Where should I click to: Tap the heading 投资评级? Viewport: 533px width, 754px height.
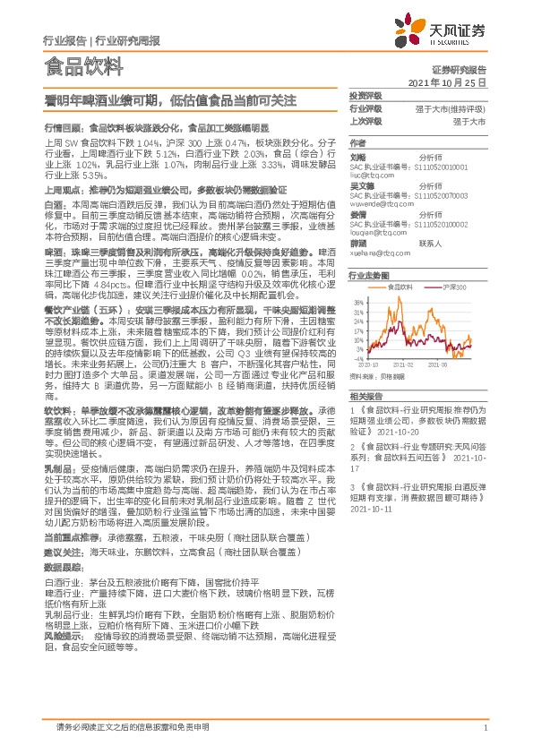coord(365,95)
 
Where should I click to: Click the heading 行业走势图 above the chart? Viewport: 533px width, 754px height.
coord(368,276)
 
